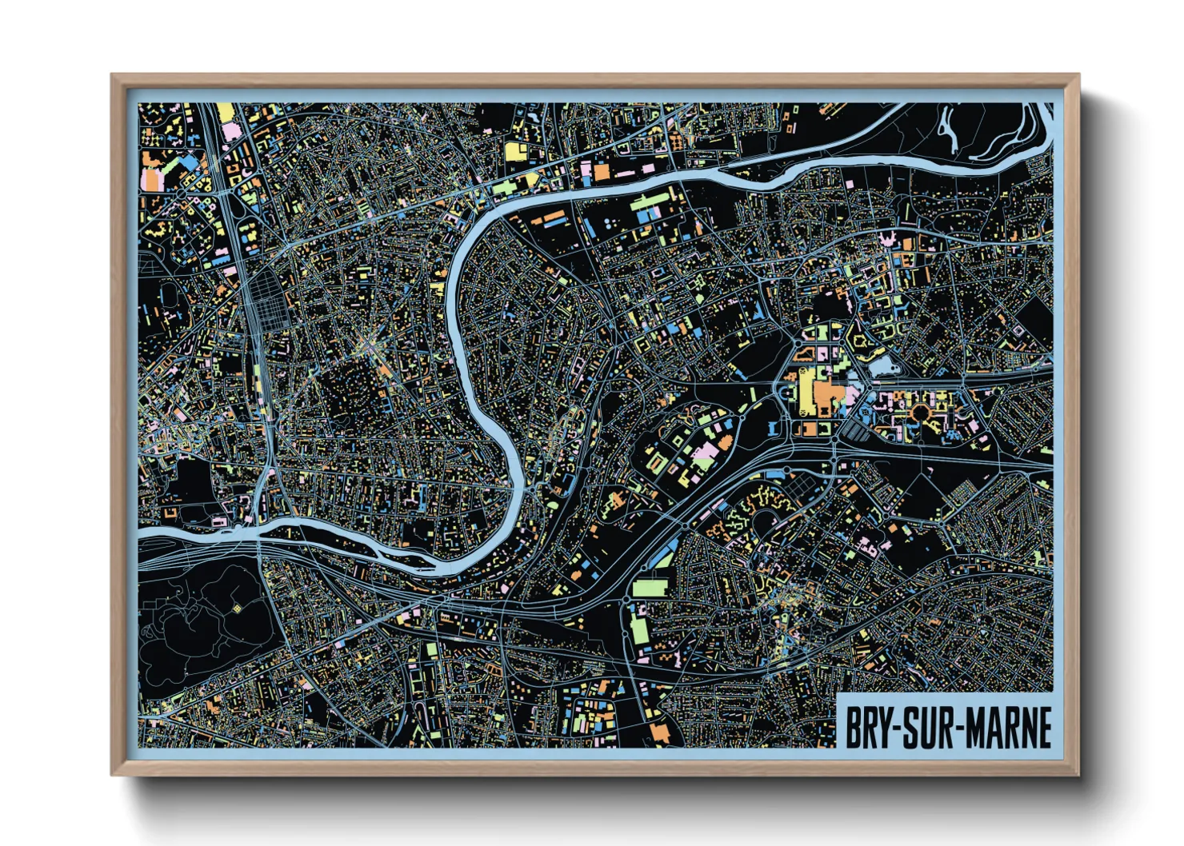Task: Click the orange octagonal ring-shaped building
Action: [922, 413]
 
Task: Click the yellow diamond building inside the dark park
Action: [237, 609]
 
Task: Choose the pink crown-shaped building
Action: [886, 237]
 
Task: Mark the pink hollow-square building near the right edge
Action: [1018, 329]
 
